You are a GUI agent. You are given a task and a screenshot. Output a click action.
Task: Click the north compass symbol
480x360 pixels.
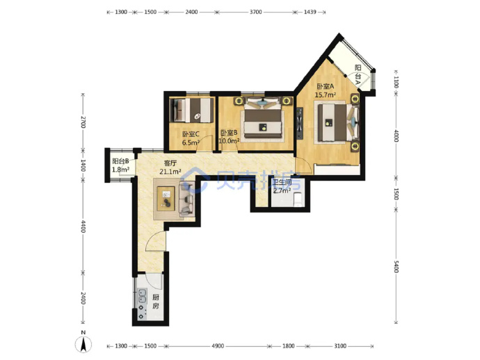pos(83,343)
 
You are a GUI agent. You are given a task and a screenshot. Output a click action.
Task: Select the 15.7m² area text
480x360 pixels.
pos(326,95)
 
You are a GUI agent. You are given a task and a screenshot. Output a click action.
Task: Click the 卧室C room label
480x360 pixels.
pos(191,134)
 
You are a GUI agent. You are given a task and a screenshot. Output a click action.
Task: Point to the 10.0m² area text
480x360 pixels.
pos(229,141)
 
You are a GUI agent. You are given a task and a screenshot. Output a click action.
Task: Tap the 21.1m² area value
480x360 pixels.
pos(170,172)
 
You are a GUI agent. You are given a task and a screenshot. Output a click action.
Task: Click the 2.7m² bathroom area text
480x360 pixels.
pos(282,191)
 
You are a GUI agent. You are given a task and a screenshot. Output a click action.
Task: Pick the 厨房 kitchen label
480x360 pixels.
pos(156,302)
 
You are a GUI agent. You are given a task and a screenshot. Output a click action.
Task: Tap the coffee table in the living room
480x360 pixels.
pos(166,199)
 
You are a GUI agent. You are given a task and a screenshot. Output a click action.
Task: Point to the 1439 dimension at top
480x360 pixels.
pos(310,13)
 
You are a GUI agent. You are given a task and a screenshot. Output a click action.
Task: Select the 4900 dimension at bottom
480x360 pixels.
pos(218,346)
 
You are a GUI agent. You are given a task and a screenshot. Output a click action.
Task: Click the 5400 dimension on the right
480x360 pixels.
pos(396,266)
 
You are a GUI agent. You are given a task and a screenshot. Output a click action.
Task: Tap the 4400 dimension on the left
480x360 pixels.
pos(83,226)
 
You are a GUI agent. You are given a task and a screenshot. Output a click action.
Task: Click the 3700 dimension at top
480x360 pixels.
pos(256,13)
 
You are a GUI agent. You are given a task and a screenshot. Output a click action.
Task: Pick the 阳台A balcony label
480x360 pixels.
pos(358,72)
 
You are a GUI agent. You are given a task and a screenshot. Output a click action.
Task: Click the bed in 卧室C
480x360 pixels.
pos(192,110)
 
